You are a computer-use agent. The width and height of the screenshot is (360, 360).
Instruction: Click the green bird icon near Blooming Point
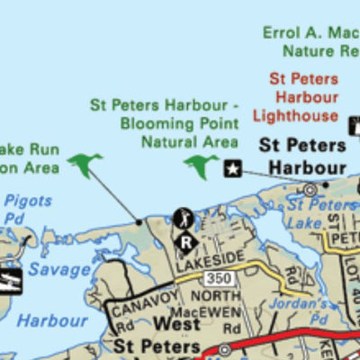pyautogui.click(x=202, y=166)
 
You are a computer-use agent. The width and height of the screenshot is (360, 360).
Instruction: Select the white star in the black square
pyautogui.click(x=232, y=167)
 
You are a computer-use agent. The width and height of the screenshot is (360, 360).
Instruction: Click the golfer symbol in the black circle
pyautogui.click(x=183, y=219)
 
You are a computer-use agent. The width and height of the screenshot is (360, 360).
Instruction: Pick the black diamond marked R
pyautogui.click(x=186, y=240)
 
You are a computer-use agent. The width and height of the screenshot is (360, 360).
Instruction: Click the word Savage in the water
pyautogui.click(x=58, y=269)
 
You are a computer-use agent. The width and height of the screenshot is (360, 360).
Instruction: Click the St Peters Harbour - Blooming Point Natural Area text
pyautogui.click(x=165, y=123)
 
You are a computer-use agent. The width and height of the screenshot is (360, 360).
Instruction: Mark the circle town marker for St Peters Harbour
pyautogui.click(x=310, y=189)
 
